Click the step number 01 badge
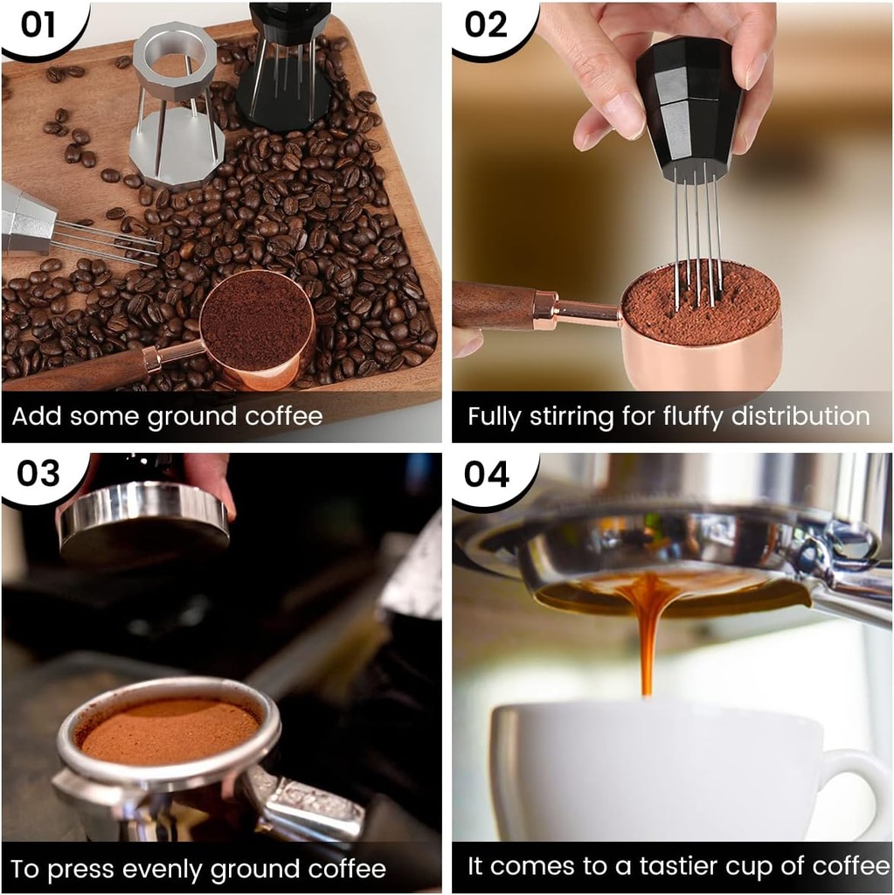[37, 24]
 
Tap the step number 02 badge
[486, 24]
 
